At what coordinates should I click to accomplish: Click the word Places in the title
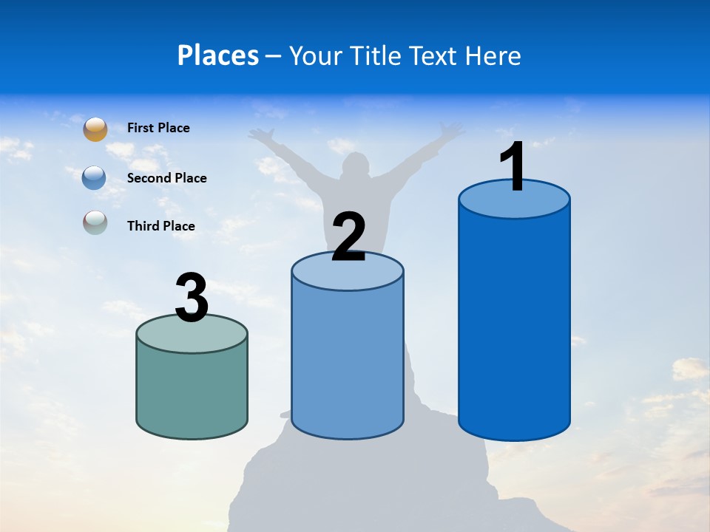tap(217, 55)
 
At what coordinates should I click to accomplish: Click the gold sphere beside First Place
tap(95, 129)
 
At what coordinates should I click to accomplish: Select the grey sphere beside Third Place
tap(95, 222)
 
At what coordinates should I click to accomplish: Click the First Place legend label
tap(158, 128)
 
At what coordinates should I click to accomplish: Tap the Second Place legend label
tap(166, 178)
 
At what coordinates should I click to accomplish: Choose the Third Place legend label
tap(160, 226)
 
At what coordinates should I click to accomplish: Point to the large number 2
tap(348, 237)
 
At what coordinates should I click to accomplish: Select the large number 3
tap(192, 298)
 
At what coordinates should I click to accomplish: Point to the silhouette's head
tap(356, 166)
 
